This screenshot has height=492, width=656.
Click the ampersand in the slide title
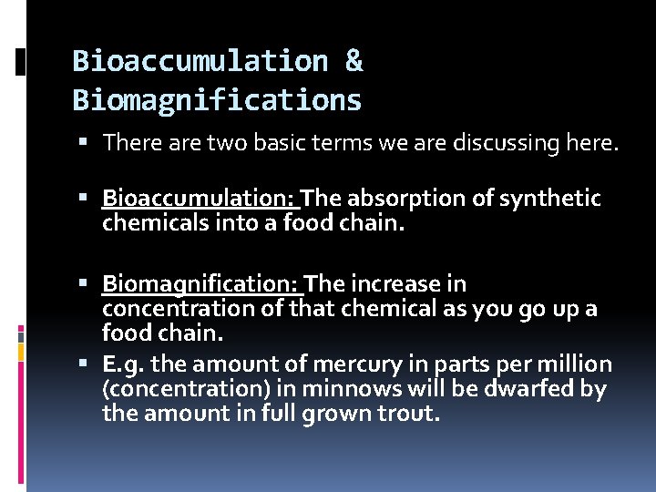coord(354,61)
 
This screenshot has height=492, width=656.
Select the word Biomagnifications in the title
coord(217,99)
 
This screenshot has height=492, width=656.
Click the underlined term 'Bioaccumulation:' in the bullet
coord(200,199)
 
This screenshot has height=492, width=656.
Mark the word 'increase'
coord(421,284)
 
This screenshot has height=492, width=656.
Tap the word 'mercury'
coord(351,364)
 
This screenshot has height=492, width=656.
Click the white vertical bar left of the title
coord(21,63)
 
